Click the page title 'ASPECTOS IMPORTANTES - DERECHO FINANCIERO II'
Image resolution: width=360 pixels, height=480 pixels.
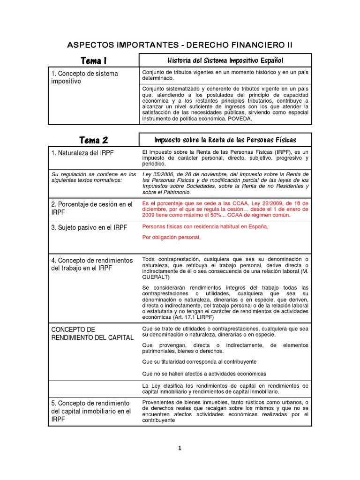pyautogui.click(x=180, y=45)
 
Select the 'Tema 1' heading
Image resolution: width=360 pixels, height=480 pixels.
pyautogui.click(x=94, y=60)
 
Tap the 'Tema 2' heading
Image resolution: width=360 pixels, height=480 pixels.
pyautogui.click(x=94, y=140)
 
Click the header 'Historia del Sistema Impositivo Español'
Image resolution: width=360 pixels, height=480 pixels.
pyautogui.click(x=225, y=60)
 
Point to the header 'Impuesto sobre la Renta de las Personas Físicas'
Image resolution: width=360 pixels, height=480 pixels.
pyautogui.click(x=225, y=140)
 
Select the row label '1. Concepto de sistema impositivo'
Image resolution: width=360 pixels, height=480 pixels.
pyautogui.click(x=84, y=77)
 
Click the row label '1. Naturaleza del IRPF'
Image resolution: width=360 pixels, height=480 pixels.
pyautogui.click(x=82, y=153)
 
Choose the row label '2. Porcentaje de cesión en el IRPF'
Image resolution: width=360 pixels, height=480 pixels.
pyautogui.click(x=91, y=208)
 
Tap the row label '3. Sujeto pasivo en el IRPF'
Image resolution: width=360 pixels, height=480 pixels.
pyautogui.click(x=88, y=227)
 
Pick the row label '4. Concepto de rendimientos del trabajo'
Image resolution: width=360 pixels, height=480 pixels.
pyautogui.click(x=91, y=264)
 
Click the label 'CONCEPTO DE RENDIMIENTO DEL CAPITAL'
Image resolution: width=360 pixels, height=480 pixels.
pyautogui.click(x=91, y=333)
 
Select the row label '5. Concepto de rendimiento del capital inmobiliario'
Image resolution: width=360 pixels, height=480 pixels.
pyautogui.click(x=90, y=411)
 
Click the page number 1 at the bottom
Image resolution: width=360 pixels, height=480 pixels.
pyautogui.click(x=180, y=448)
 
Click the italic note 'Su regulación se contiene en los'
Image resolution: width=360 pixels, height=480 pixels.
pyautogui.click(x=93, y=174)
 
